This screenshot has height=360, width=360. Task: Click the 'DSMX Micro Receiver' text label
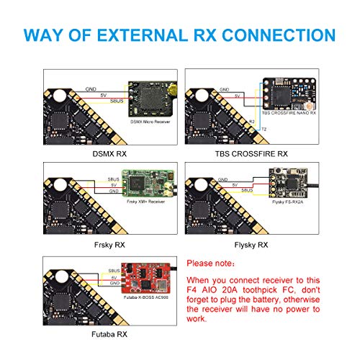[148, 122]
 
